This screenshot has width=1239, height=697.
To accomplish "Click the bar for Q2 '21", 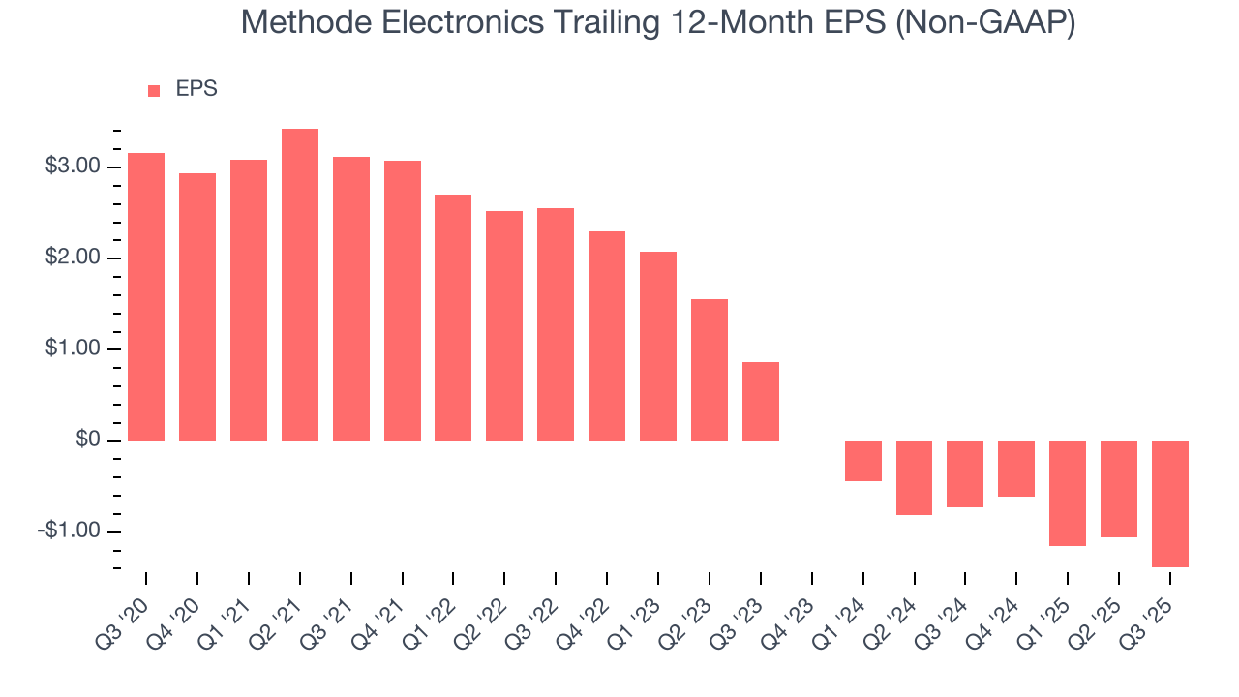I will pyautogui.click(x=299, y=285).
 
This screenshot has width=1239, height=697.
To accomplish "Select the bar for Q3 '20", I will pyautogui.click(x=146, y=296).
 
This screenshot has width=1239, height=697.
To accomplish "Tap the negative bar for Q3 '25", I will pyautogui.click(x=1169, y=503).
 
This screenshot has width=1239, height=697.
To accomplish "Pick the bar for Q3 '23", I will pyautogui.click(x=760, y=401).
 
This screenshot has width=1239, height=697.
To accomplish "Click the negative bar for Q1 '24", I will pyautogui.click(x=862, y=461).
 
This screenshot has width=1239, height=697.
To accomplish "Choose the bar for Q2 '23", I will pyautogui.click(x=709, y=370).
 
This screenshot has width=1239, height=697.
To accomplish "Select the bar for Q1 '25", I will pyautogui.click(x=1067, y=493).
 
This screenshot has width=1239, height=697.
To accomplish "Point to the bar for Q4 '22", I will pyautogui.click(x=607, y=336).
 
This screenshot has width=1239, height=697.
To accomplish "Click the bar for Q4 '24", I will pyautogui.click(x=1015, y=469).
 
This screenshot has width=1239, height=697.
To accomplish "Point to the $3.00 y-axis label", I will pyautogui.click(x=73, y=167).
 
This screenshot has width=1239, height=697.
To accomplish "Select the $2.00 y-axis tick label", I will pyautogui.click(x=73, y=258).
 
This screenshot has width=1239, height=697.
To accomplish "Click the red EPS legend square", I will pyautogui.click(x=153, y=91).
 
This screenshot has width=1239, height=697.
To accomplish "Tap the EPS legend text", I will pyautogui.click(x=196, y=89).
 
